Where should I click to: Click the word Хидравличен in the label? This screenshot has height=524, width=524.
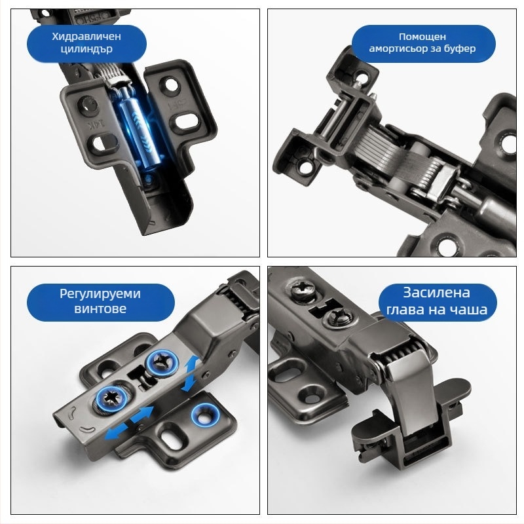(86, 36)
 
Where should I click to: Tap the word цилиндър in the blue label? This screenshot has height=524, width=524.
(86, 48)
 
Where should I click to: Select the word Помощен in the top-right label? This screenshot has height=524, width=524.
(422, 36)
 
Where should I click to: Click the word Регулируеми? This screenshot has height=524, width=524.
(100, 294)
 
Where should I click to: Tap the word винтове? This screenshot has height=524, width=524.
(100, 308)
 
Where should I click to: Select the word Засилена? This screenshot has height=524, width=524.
(436, 292)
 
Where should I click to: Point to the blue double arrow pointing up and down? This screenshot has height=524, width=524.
(191, 373)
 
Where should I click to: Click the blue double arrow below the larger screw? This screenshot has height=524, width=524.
(129, 422)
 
